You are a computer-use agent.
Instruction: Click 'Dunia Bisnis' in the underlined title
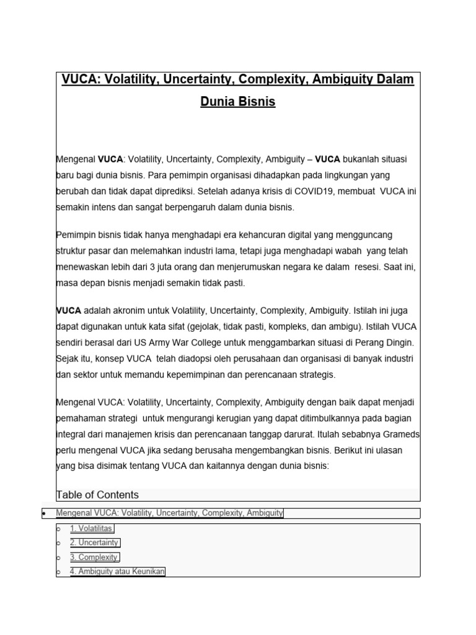238,102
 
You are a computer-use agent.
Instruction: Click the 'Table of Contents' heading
97,494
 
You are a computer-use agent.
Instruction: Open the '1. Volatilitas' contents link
92,528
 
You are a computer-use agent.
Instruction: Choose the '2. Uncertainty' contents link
94,543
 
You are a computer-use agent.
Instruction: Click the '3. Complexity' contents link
94,557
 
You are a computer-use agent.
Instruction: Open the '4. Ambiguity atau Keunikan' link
118,571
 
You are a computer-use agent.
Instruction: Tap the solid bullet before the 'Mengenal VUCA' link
43,513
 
